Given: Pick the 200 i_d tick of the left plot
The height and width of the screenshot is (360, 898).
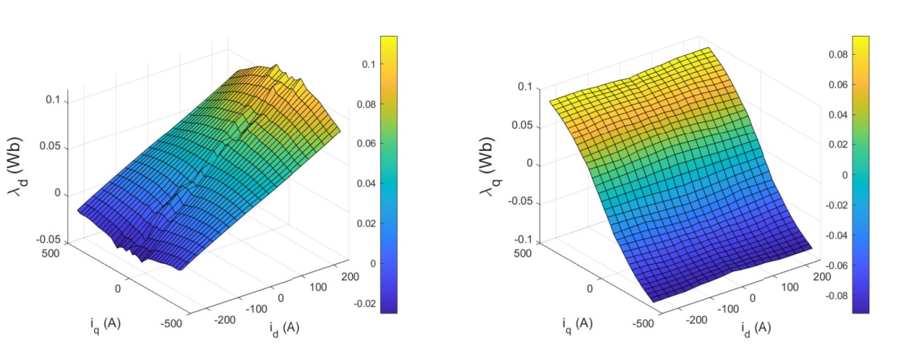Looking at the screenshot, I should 349,276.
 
